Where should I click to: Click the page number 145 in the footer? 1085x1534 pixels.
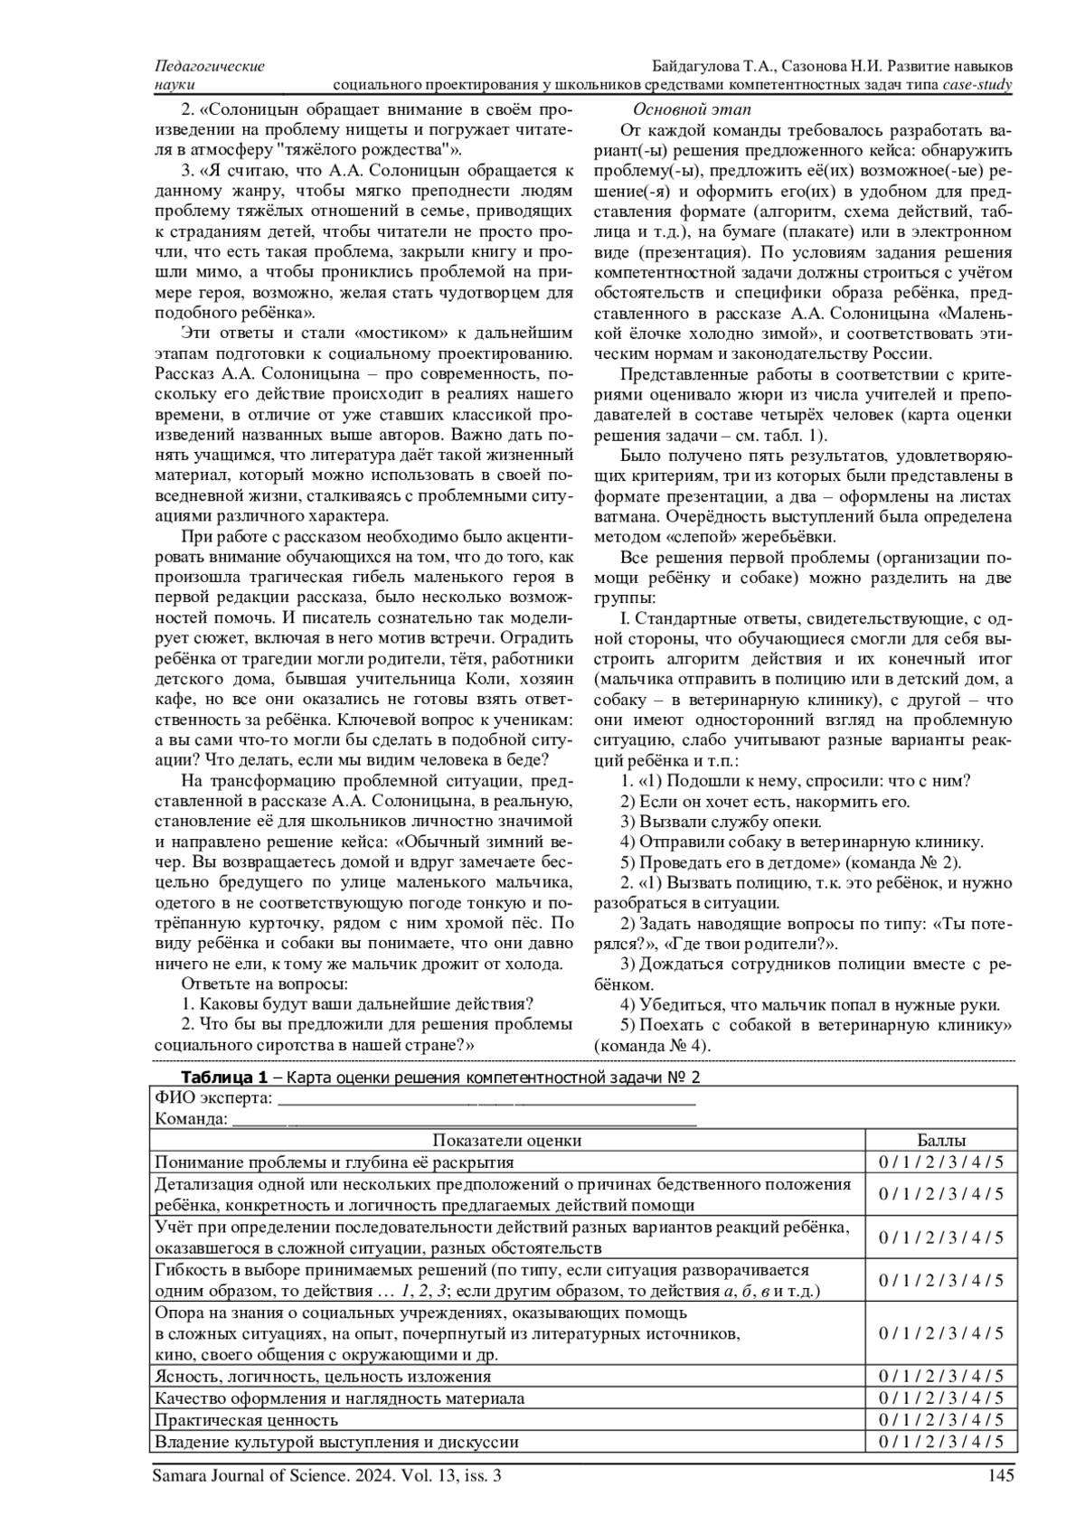click(x=1001, y=1476)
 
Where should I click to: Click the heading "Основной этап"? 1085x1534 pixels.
click(x=673, y=109)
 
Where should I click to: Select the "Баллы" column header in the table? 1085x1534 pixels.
click(x=940, y=1141)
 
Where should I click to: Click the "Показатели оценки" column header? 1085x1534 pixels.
click(x=506, y=1141)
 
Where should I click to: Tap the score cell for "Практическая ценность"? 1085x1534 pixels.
click(x=940, y=1420)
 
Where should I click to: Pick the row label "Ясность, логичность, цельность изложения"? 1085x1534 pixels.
click(x=324, y=1377)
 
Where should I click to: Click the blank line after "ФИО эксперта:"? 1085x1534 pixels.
click(x=486, y=1099)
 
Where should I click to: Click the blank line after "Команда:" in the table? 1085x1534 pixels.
click(x=463, y=1120)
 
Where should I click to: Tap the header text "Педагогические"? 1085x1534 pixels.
click(x=210, y=67)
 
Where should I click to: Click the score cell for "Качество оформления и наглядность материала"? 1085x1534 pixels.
click(x=940, y=1398)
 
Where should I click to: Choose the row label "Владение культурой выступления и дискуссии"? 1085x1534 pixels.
click(x=337, y=1442)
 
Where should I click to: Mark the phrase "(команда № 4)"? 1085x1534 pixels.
click(x=652, y=1046)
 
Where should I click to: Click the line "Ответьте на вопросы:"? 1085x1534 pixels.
click(x=265, y=983)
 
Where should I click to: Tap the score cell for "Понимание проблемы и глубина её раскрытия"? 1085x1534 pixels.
click(x=940, y=1162)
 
